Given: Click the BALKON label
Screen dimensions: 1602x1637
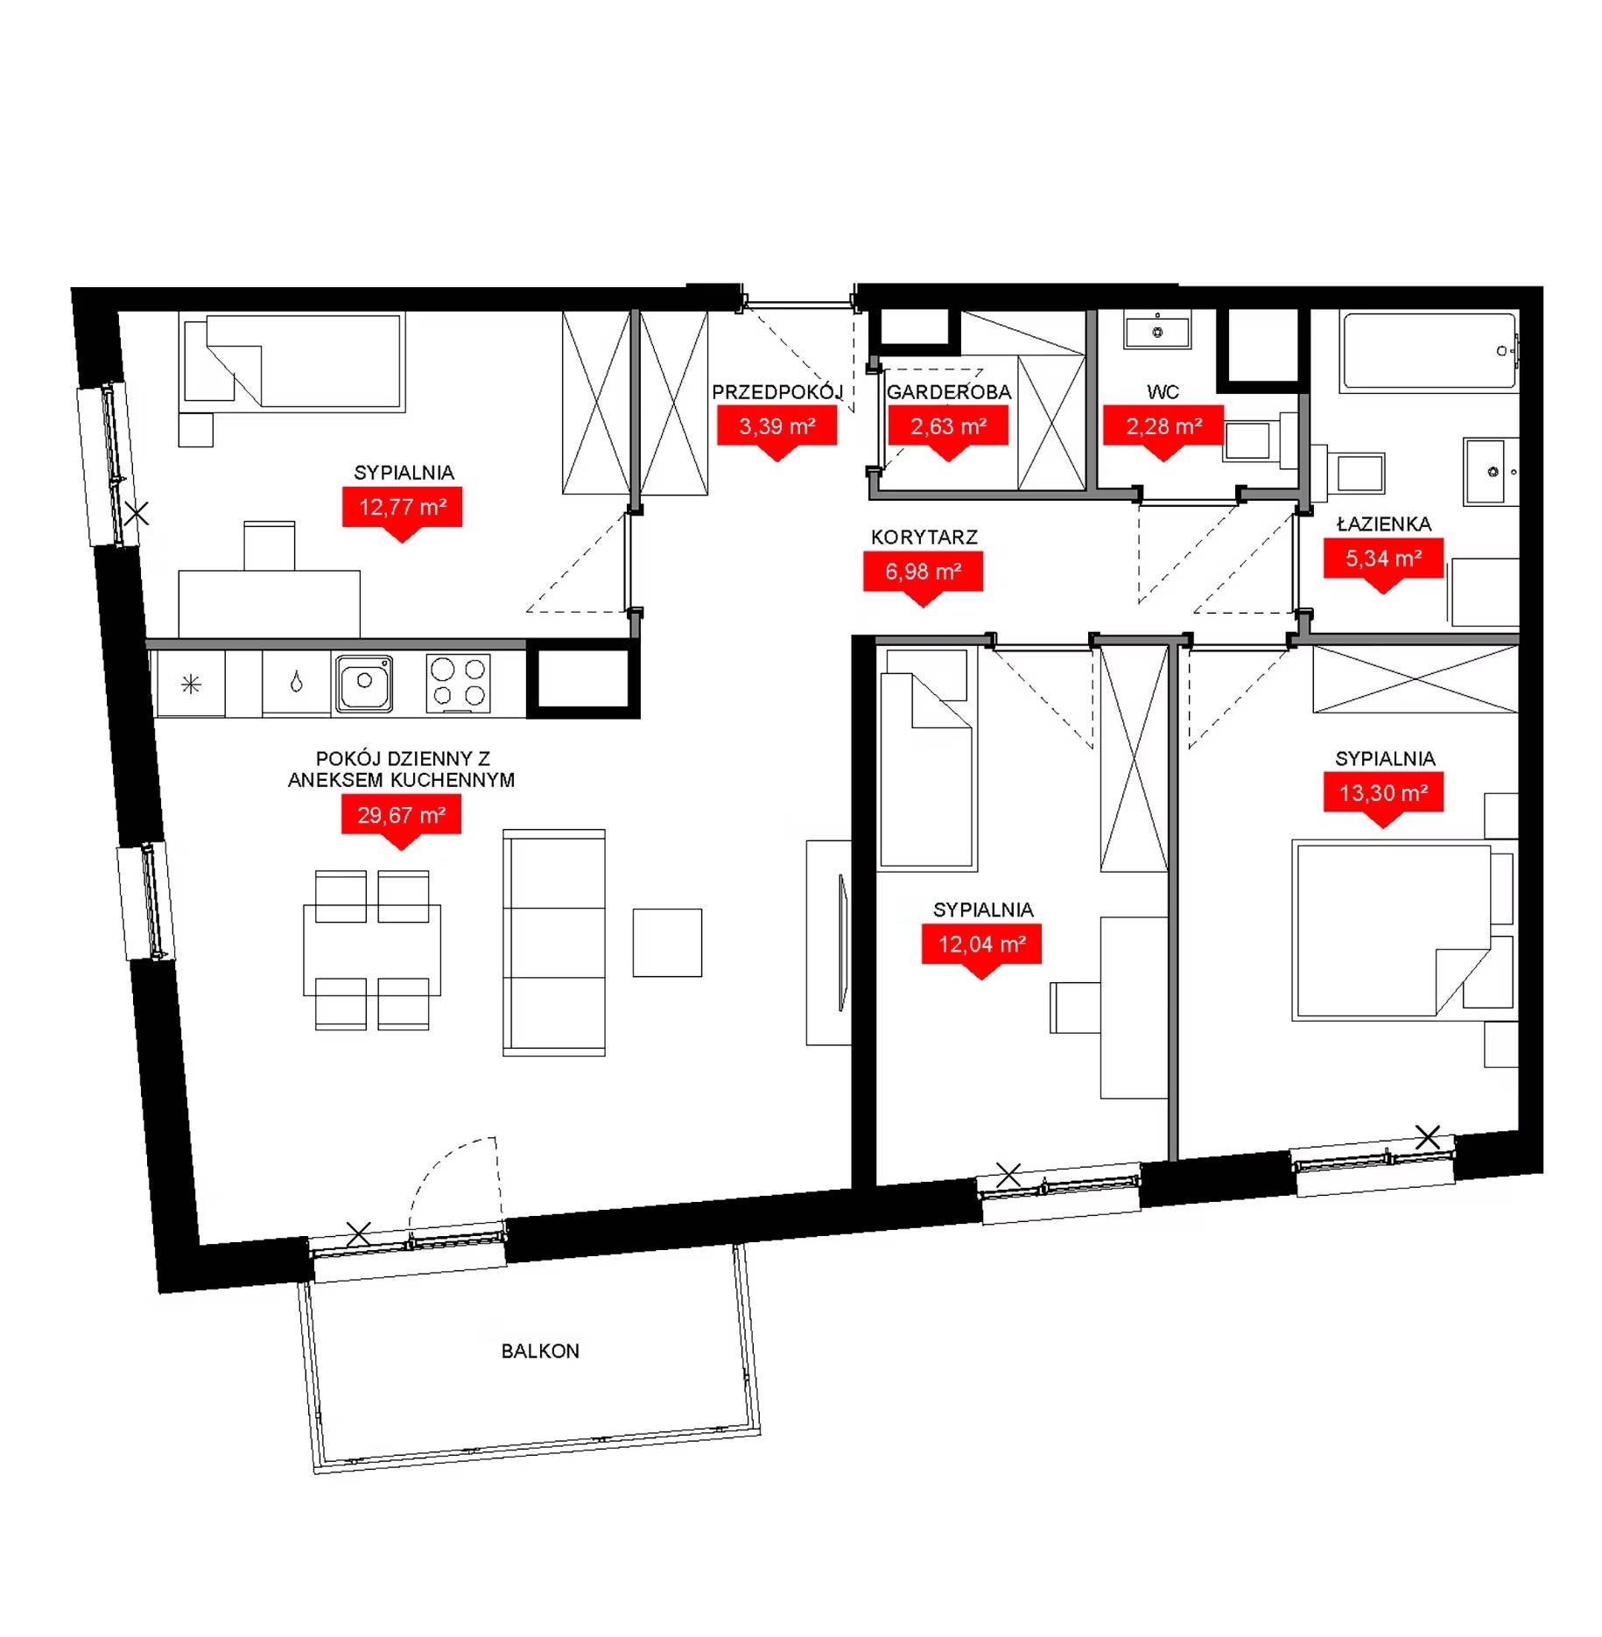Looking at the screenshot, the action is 540,1351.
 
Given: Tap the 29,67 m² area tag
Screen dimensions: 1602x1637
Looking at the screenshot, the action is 401,816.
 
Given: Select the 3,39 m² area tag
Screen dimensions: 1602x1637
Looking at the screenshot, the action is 776,427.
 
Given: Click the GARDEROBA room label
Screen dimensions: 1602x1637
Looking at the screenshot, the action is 949,391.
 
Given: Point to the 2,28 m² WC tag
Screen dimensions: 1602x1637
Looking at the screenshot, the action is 1163,427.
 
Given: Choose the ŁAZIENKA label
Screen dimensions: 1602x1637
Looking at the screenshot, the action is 1384,523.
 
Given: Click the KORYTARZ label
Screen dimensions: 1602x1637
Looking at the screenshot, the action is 924,537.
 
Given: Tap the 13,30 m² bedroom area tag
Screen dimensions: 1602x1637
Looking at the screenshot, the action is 1383,793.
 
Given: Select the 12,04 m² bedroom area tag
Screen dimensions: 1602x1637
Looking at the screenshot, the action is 981,945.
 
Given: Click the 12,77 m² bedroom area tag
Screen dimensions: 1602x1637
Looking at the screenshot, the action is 402,508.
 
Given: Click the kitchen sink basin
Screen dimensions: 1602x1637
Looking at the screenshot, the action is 363,683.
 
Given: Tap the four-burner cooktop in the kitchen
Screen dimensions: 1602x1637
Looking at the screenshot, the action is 459,683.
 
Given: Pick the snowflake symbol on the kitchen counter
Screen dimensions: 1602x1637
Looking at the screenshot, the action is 191,684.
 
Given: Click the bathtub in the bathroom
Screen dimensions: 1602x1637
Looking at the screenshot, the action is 1428,351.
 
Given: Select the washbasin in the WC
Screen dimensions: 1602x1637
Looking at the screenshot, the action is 1157,332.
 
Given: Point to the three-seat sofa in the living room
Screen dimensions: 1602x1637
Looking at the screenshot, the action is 554,943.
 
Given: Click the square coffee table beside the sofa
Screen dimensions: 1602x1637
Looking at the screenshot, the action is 667,943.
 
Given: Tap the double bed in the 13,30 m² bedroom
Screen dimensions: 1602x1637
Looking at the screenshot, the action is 1392,931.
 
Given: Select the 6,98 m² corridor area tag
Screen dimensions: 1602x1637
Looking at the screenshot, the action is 923,573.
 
